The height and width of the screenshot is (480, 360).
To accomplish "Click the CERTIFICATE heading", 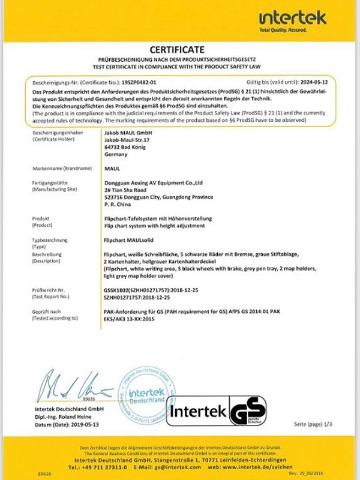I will pyautogui.click(x=178, y=49).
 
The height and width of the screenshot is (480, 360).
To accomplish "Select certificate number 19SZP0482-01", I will pyautogui.click(x=139, y=80).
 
